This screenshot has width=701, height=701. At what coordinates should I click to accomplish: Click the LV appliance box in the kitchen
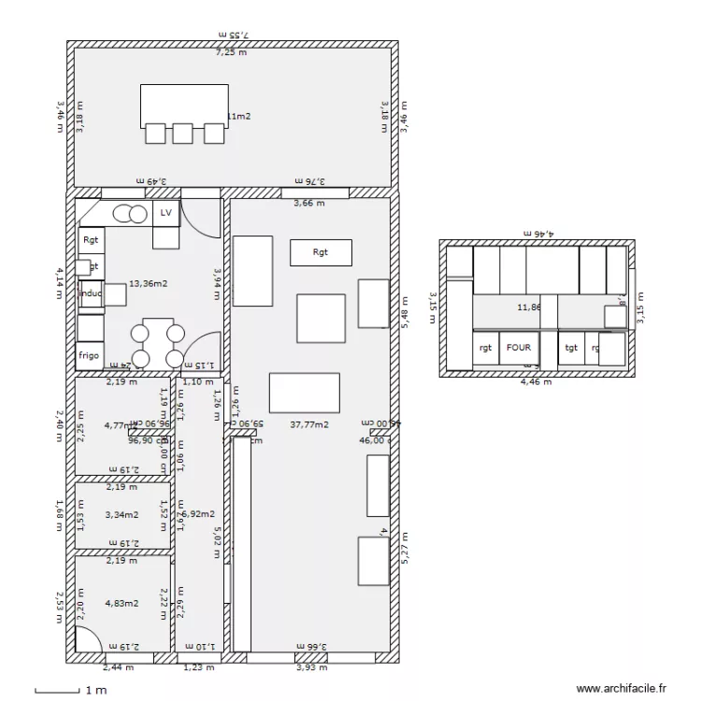(x=166, y=213)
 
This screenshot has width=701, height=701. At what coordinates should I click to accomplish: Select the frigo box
(x=89, y=355)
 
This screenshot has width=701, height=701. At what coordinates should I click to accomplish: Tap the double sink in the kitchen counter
(x=130, y=214)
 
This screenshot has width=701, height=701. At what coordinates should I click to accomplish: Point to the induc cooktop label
(x=91, y=293)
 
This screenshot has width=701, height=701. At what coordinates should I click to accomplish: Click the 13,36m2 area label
(x=148, y=283)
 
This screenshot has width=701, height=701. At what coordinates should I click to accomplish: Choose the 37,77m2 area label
(x=308, y=423)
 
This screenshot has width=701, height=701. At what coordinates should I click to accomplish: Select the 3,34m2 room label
(x=122, y=513)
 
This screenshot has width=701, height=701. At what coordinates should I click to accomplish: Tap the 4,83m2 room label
(x=122, y=603)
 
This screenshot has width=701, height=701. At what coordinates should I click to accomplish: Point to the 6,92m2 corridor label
(x=198, y=513)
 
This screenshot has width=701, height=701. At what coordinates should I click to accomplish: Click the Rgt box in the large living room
(x=321, y=252)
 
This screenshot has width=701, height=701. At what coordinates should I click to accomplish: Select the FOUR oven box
(x=519, y=348)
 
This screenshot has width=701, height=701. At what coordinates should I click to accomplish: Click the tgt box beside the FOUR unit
(x=570, y=348)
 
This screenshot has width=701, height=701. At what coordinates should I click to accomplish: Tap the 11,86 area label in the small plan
(x=529, y=306)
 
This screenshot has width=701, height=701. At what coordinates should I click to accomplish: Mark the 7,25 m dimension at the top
(x=231, y=52)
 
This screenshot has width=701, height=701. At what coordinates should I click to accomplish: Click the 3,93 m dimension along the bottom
(x=311, y=667)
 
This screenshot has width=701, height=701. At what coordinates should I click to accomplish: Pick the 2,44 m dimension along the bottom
(x=117, y=667)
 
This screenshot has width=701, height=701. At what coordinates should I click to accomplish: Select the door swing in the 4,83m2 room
(x=89, y=640)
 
